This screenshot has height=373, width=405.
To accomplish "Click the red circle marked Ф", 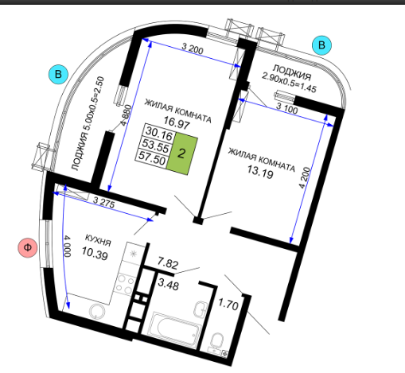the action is point(28,247).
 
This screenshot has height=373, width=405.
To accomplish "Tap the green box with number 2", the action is point(182,153).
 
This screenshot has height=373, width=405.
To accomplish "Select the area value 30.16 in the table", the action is point(159,134).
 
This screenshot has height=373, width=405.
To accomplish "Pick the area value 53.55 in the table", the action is point(155,146).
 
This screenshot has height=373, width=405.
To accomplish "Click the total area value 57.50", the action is point(152,158).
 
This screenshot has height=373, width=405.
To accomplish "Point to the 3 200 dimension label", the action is point(193,49).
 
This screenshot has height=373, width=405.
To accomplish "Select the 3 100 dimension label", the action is point(287,108).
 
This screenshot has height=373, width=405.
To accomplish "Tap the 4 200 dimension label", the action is point(305,177).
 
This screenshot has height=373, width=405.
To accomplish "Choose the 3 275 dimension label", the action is point(103,202).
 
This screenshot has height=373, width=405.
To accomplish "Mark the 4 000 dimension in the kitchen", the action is point(68,246).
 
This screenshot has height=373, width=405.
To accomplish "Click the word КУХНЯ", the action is point(98,240).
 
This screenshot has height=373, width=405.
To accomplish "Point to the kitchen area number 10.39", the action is point(95,253).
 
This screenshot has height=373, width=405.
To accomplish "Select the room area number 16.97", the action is point(177,122).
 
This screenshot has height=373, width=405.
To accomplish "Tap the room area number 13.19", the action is point(260,173).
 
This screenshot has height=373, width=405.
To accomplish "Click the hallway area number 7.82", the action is point(168,262).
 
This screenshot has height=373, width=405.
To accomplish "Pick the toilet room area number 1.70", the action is point(228,305).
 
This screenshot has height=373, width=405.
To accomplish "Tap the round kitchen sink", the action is point(97,312).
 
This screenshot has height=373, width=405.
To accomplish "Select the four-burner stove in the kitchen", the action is point(125,284).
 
